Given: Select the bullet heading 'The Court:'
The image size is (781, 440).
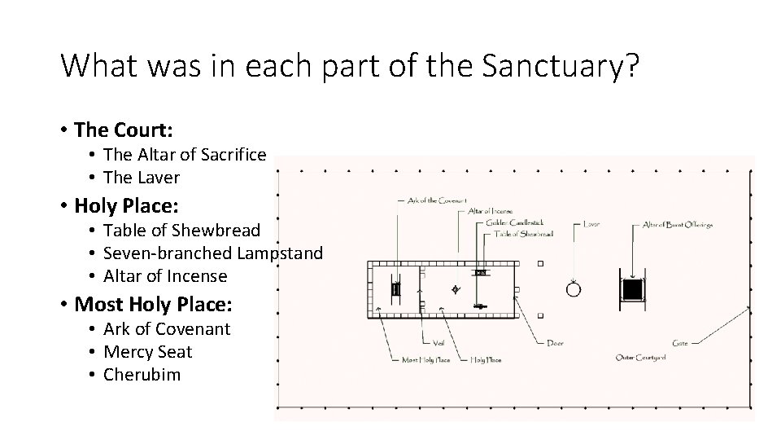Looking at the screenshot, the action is point(126,130).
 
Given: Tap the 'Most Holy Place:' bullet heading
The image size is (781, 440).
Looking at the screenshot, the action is point(153,305).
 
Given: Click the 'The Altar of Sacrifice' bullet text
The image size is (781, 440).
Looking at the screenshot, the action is point(185,154).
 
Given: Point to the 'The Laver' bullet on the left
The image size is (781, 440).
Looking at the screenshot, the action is point(142,177).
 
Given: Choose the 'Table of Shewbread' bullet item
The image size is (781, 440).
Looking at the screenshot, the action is point(182,231).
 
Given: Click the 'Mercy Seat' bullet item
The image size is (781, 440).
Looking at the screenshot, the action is point(148,352).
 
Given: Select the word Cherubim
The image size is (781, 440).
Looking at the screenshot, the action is point(142,375).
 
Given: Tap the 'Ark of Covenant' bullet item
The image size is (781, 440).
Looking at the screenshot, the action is point(167,329).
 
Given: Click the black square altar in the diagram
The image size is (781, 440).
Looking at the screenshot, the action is point(632,289).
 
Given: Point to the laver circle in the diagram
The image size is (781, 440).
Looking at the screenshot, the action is point(574,289).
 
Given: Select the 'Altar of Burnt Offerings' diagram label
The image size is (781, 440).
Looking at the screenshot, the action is point(677,224).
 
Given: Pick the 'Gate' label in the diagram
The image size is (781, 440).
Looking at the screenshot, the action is point(680,343).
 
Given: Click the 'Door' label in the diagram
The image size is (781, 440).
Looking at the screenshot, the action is point(556,343).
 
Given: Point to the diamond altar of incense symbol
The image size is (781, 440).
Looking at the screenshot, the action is point(455,289).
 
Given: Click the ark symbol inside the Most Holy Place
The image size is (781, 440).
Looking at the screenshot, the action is point(396,288).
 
